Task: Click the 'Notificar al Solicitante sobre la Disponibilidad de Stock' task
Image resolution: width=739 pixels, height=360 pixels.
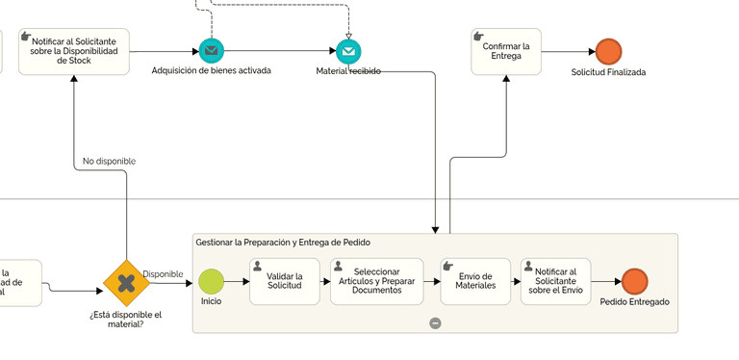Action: point(74,51)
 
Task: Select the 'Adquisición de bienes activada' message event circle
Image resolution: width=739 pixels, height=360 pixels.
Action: point(212,51)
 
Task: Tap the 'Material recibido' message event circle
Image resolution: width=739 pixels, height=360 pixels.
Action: point(348,51)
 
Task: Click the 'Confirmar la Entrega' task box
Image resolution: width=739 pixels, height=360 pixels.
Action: point(506,51)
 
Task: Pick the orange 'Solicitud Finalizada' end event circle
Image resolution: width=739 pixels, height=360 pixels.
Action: point(608,51)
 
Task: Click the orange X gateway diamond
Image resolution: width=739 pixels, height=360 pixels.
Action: point(126,282)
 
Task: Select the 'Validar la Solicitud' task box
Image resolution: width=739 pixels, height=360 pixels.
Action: point(285,281)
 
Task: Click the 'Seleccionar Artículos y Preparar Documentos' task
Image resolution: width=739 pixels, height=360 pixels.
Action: point(376,281)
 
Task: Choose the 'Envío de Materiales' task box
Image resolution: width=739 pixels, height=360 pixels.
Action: point(475,281)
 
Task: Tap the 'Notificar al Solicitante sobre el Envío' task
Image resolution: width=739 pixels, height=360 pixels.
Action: point(556,281)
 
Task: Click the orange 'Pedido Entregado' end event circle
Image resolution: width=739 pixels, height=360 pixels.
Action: point(634,281)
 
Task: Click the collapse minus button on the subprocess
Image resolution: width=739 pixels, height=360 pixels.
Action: point(435,323)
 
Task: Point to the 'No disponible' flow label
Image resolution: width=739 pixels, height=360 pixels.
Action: point(109,161)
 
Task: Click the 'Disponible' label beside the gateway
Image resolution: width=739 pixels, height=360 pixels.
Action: point(163,274)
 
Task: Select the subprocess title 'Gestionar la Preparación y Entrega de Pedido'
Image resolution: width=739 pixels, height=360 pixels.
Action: point(283,243)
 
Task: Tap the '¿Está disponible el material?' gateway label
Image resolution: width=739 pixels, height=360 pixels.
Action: point(125,319)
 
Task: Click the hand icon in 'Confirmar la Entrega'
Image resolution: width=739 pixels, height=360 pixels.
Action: point(479,37)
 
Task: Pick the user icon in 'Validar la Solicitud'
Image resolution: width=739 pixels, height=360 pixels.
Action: point(257,266)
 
